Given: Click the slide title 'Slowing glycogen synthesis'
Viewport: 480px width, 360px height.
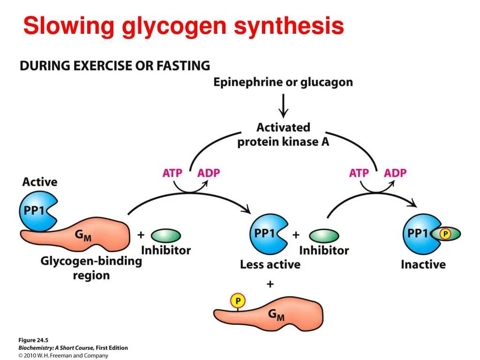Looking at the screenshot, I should (183, 26).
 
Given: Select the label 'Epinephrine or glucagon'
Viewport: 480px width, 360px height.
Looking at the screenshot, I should (283, 82).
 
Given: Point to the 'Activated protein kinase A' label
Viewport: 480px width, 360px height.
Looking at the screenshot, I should (283, 135).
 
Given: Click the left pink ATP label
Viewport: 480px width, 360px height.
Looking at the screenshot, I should (172, 173).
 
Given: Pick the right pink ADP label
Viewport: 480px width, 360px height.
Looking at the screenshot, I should (395, 173).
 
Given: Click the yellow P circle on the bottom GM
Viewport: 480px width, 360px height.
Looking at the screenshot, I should (238, 300).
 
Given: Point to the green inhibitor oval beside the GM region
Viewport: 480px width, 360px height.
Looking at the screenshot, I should (166, 235).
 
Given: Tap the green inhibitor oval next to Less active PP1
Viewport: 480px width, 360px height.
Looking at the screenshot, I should (324, 235).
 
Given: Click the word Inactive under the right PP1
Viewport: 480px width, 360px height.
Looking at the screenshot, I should (423, 264).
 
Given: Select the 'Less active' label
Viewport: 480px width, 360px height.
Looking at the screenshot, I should (270, 264).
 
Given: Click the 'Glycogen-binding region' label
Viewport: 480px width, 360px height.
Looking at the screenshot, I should (91, 268).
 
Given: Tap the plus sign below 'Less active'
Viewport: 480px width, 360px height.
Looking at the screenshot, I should (270, 284).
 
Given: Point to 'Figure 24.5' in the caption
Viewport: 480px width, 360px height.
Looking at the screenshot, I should (33, 340).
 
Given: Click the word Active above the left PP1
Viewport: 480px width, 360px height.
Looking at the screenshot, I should (40, 182).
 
